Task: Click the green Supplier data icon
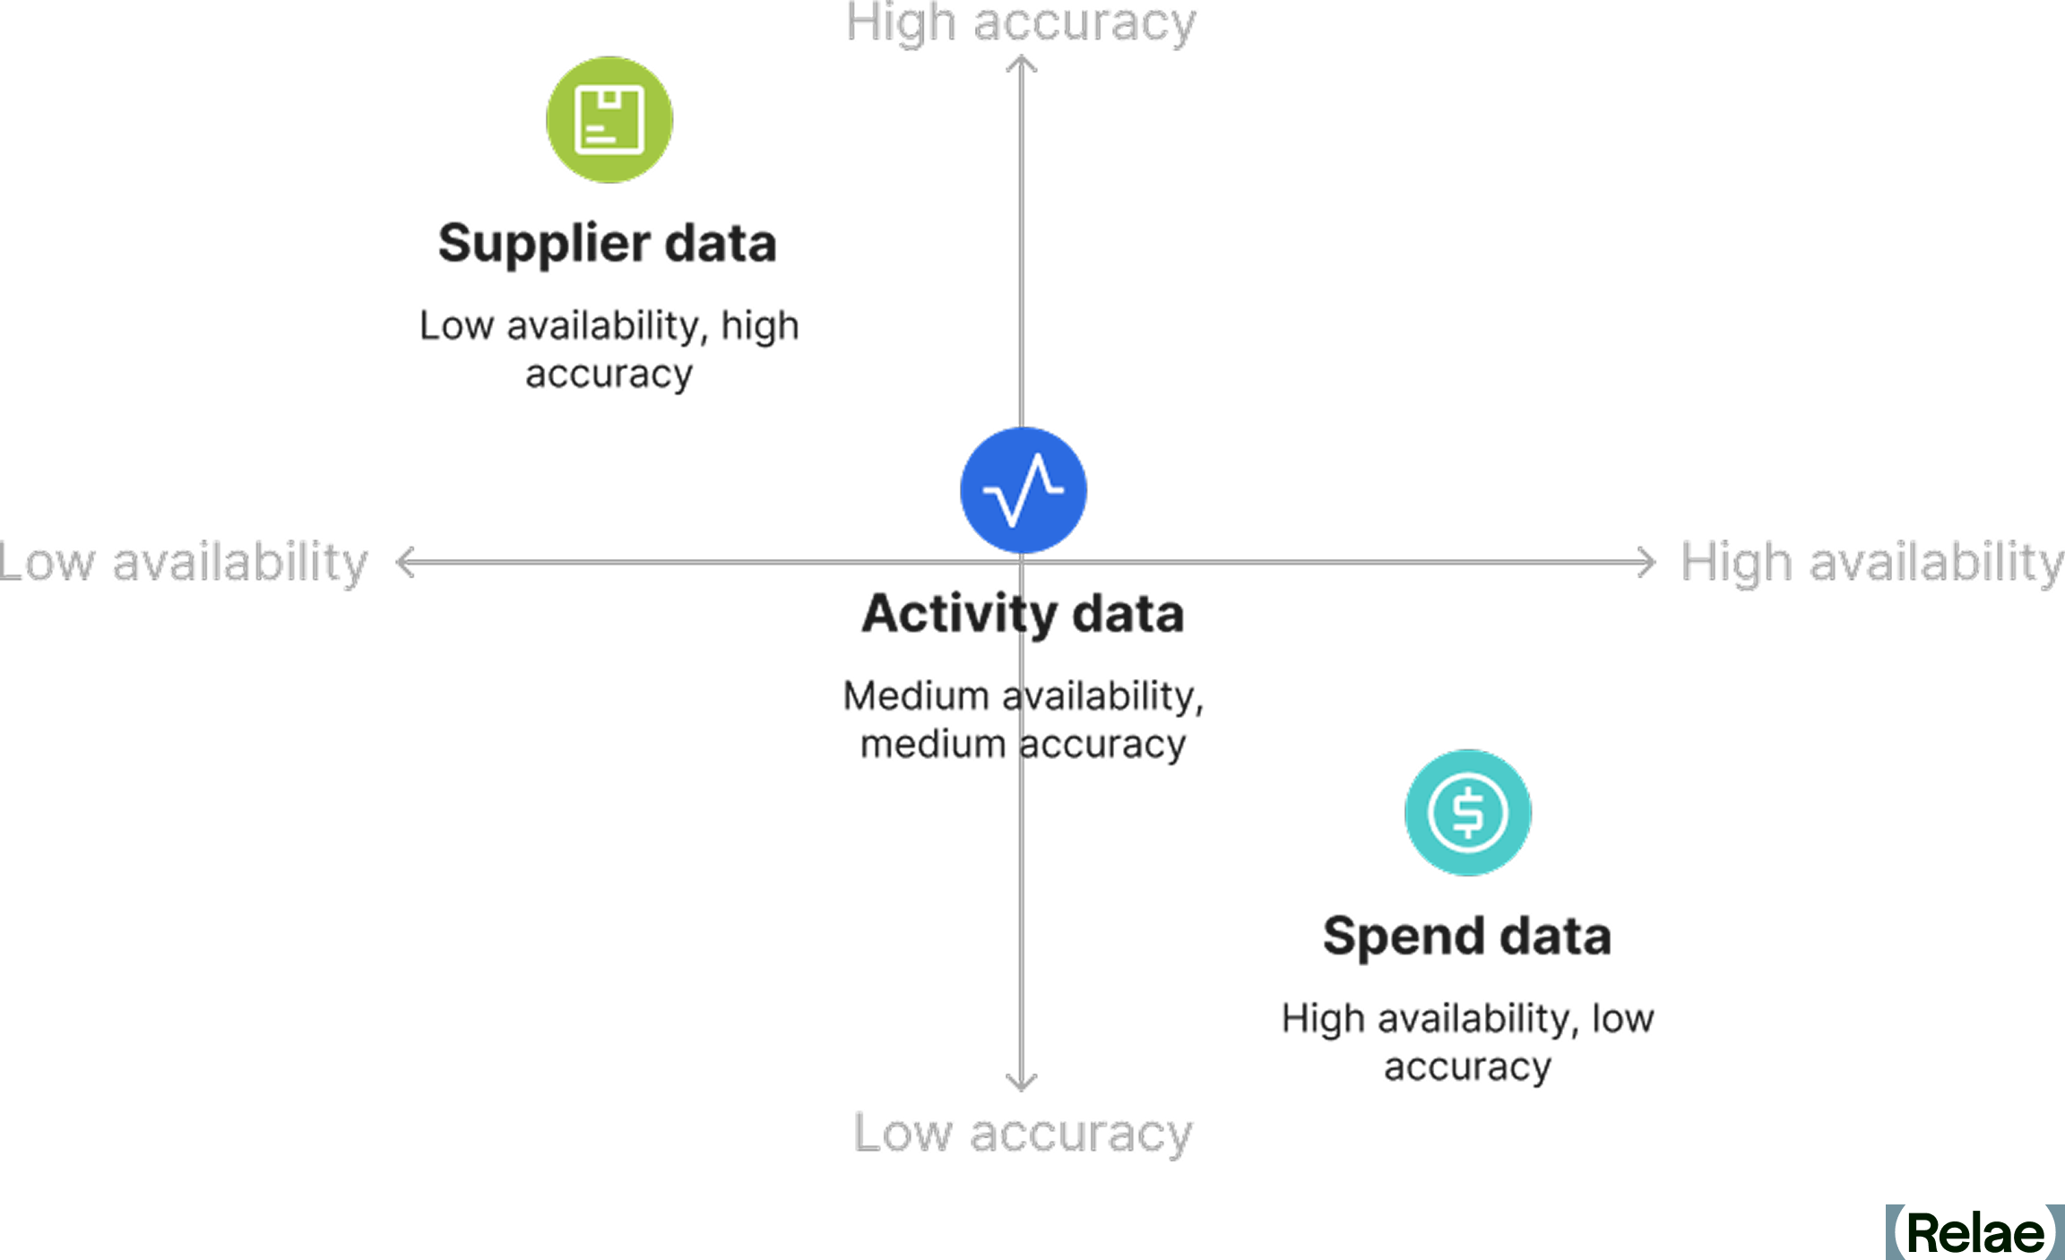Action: click(609, 120)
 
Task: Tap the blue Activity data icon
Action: click(1024, 490)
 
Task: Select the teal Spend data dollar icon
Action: click(1468, 813)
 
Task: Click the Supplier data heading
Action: click(608, 244)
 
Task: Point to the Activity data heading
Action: click(1024, 614)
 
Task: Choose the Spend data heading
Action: click(1467, 936)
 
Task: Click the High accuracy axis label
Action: click(1021, 23)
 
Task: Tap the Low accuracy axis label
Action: click(1023, 1134)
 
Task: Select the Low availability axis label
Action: click(184, 563)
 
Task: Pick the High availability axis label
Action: click(1872, 563)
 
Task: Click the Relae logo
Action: click(1975, 1232)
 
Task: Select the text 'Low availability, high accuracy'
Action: click(609, 350)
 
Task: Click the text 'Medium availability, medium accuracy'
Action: click(1024, 720)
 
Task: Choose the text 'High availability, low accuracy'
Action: click(1468, 1042)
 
